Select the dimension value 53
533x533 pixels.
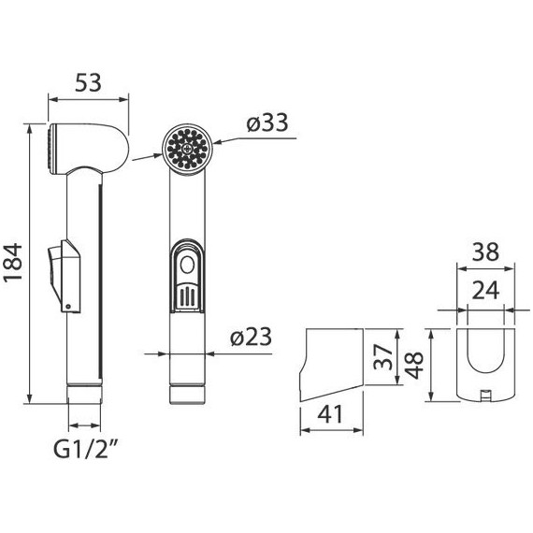[88, 82]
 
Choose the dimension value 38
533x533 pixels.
[484, 252]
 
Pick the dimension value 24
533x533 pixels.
[484, 291]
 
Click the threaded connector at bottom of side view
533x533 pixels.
[83, 390]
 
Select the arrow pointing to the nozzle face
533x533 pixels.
[144, 158]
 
